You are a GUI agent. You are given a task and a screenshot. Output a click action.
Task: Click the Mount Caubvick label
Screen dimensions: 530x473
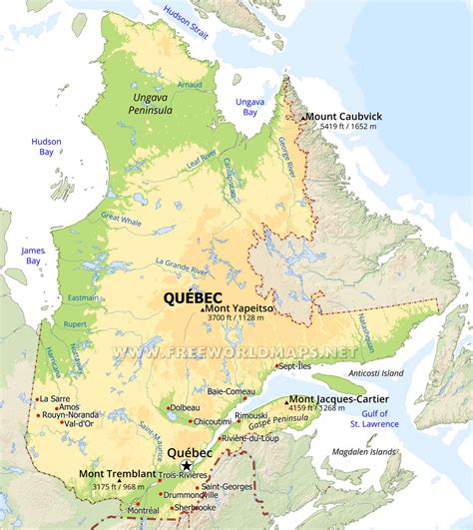344,116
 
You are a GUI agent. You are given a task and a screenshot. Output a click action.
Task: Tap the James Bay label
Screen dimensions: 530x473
33,256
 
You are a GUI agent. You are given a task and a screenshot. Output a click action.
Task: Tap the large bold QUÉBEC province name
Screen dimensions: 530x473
194,296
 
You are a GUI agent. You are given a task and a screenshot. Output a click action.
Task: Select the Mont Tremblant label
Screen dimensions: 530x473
119,475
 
